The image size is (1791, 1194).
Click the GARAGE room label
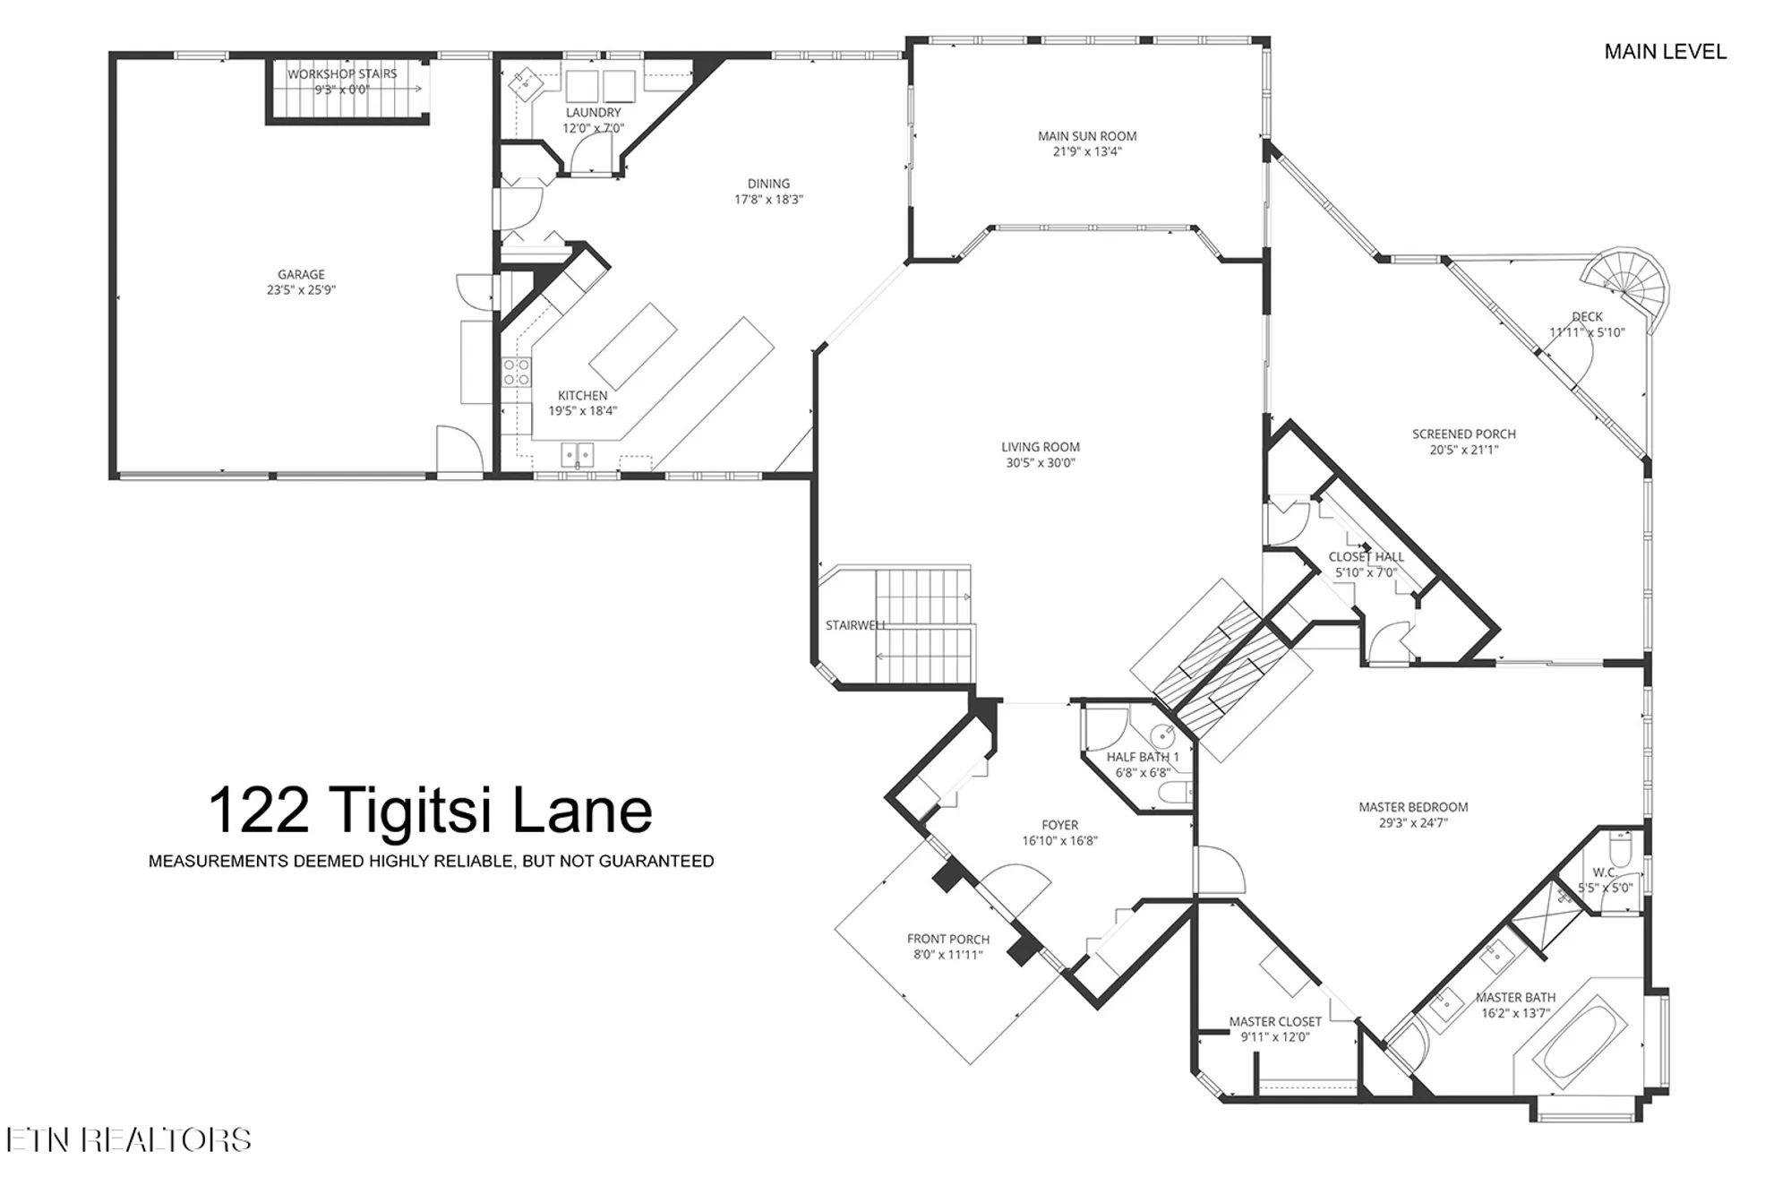[301, 274]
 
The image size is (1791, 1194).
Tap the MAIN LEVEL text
[1665, 52]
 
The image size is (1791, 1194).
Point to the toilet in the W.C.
[1622, 846]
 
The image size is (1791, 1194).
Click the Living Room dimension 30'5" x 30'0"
[1040, 463]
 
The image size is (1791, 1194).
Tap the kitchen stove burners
[516, 373]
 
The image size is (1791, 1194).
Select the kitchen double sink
[578, 455]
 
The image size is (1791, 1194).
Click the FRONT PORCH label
[947, 939]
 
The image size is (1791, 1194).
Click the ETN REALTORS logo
[128, 1140]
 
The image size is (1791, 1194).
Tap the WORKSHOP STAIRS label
[342, 73]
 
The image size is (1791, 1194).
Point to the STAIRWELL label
[855, 625]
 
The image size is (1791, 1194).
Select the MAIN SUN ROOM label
[1086, 136]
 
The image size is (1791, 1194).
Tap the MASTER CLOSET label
[1274, 1021]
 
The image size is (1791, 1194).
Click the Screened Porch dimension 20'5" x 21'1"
[1463, 450]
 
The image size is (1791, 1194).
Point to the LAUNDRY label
[593, 113]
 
